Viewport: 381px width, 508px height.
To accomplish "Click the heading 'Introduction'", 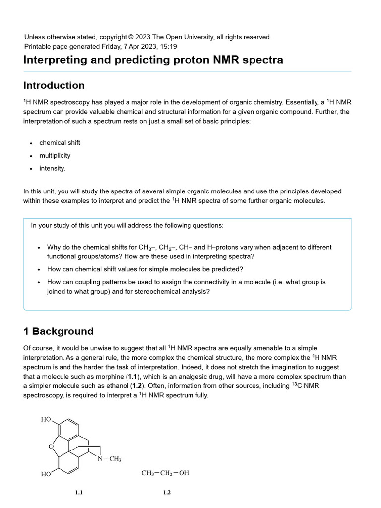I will click(x=54, y=85).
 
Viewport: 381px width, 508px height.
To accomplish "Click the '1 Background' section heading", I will click(x=59, y=331).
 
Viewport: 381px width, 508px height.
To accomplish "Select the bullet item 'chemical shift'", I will click(x=60, y=143).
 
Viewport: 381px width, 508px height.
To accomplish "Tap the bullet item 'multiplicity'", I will click(x=55, y=156).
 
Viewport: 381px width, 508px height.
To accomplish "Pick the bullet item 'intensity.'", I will click(x=52, y=168).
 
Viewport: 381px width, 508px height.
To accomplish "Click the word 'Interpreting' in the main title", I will click(x=53, y=60).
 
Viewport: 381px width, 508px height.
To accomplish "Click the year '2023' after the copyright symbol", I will click(x=143, y=37).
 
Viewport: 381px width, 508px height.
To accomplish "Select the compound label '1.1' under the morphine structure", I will click(x=79, y=493).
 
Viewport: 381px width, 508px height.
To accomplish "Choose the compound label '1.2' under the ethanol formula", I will click(x=167, y=493).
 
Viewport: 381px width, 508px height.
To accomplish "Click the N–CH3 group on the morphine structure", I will click(x=109, y=459).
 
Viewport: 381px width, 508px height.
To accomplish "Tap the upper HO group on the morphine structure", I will click(x=46, y=419).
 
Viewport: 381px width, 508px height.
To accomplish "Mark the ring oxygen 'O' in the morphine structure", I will click(x=51, y=446).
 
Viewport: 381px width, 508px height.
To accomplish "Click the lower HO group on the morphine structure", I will click(x=46, y=474).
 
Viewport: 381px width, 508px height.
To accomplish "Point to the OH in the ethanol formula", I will click(x=184, y=473).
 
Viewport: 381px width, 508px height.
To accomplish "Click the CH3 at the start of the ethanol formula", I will click(x=148, y=473).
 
